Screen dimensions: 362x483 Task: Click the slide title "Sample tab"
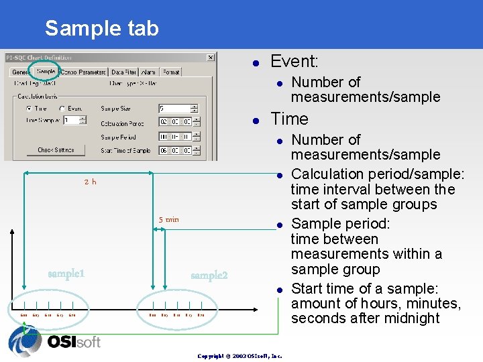[x=101, y=28]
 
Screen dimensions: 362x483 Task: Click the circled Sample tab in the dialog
[x=46, y=72]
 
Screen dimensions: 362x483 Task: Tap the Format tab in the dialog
[x=171, y=72]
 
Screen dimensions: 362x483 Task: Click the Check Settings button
[x=56, y=150]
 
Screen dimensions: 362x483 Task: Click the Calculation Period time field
[x=174, y=123]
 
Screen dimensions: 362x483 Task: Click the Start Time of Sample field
[x=174, y=150]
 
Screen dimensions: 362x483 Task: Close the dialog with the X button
[x=210, y=58]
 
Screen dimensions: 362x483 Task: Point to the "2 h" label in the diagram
[x=90, y=182]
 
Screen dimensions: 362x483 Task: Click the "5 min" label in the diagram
[x=168, y=220]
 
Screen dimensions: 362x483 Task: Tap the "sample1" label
[x=66, y=274]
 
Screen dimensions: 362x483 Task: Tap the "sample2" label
[x=209, y=276]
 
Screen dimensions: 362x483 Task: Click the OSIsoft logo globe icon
[x=24, y=341]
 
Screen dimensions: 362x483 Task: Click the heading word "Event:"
[x=294, y=62]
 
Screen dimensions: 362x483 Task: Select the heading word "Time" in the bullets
[x=289, y=119]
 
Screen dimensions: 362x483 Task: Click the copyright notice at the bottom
[x=239, y=355]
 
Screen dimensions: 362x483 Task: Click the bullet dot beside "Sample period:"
[x=280, y=224]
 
